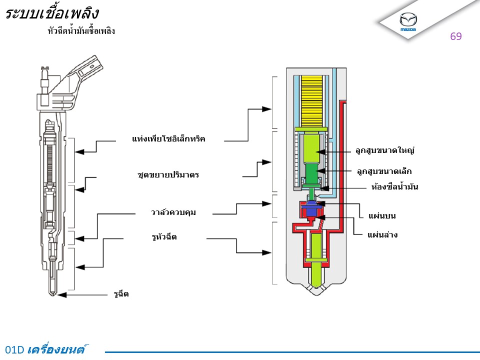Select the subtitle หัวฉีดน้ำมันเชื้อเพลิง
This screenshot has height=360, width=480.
click(81, 31)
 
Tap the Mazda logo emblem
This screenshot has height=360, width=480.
click(408, 21)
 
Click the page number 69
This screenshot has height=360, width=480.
click(455, 36)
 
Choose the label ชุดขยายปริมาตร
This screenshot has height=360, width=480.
click(168, 175)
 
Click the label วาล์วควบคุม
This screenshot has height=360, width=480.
click(173, 212)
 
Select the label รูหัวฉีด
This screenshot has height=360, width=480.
click(164, 236)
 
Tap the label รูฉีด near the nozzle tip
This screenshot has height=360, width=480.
click(120, 294)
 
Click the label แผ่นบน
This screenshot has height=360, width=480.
click(382, 216)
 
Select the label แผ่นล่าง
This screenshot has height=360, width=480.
click(382, 234)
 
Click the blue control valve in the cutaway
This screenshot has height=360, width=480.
click(311, 209)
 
